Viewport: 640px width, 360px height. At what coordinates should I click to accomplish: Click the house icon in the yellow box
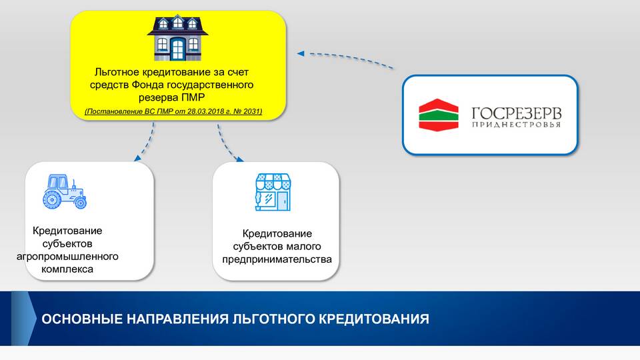tap(177, 38)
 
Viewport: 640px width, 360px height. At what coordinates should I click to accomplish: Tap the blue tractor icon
tap(65, 192)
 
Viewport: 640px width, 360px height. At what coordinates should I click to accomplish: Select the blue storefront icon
tap(273, 192)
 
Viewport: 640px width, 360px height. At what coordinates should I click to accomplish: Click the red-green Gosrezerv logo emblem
tap(439, 115)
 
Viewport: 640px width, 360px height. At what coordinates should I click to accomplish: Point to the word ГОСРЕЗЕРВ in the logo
tap(516, 113)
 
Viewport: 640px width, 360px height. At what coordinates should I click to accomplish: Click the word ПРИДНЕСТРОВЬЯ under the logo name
tap(516, 125)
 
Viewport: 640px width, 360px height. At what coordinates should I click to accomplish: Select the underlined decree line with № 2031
tap(173, 111)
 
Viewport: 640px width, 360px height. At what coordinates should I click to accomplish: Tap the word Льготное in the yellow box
tap(117, 72)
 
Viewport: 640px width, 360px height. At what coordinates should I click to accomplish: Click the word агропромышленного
tap(67, 257)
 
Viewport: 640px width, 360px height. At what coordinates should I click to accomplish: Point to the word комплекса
tap(67, 269)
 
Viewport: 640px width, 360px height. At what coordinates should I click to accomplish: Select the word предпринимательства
tap(277, 259)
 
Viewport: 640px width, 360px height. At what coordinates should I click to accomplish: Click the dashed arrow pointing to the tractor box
tap(145, 143)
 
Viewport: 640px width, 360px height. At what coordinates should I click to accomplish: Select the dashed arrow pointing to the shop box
tap(229, 144)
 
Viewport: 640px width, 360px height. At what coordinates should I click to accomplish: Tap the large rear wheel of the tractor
tap(52, 200)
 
